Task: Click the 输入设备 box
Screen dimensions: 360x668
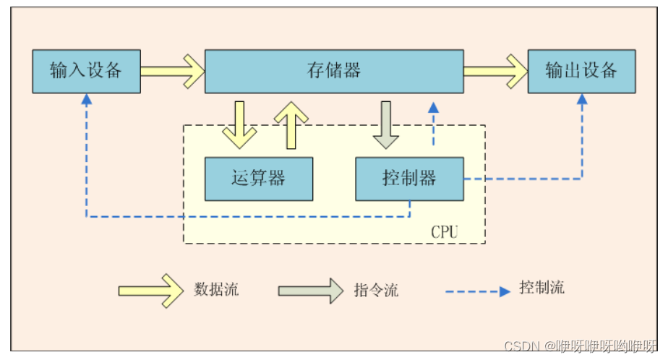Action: (86, 71)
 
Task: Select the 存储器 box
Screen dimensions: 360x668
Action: (334, 71)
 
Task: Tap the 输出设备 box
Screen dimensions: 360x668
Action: (581, 71)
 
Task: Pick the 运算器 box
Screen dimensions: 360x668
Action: (259, 179)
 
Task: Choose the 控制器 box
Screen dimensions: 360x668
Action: (409, 179)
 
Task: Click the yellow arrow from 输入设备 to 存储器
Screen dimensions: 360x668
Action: (173, 71)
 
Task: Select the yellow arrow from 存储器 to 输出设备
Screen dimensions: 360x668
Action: (495, 71)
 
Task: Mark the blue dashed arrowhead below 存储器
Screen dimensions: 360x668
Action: (433, 108)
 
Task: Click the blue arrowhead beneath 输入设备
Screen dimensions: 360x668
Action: (86, 99)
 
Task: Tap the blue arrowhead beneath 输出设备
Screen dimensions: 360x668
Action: (582, 99)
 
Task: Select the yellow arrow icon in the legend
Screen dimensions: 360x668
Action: (151, 291)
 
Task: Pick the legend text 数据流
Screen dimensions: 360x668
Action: (216, 291)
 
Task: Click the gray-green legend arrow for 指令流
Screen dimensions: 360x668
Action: (311, 291)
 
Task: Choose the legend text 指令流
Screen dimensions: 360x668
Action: (376, 291)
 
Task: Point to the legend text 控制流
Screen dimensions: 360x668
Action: (541, 288)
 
